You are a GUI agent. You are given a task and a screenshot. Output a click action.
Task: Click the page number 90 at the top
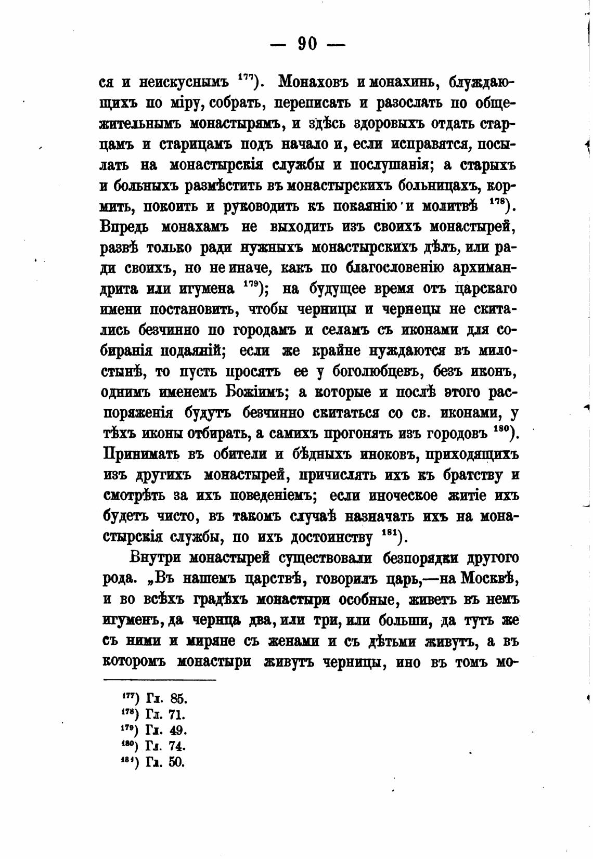(x=307, y=44)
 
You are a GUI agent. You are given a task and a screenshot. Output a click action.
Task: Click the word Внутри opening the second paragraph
(x=154, y=558)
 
